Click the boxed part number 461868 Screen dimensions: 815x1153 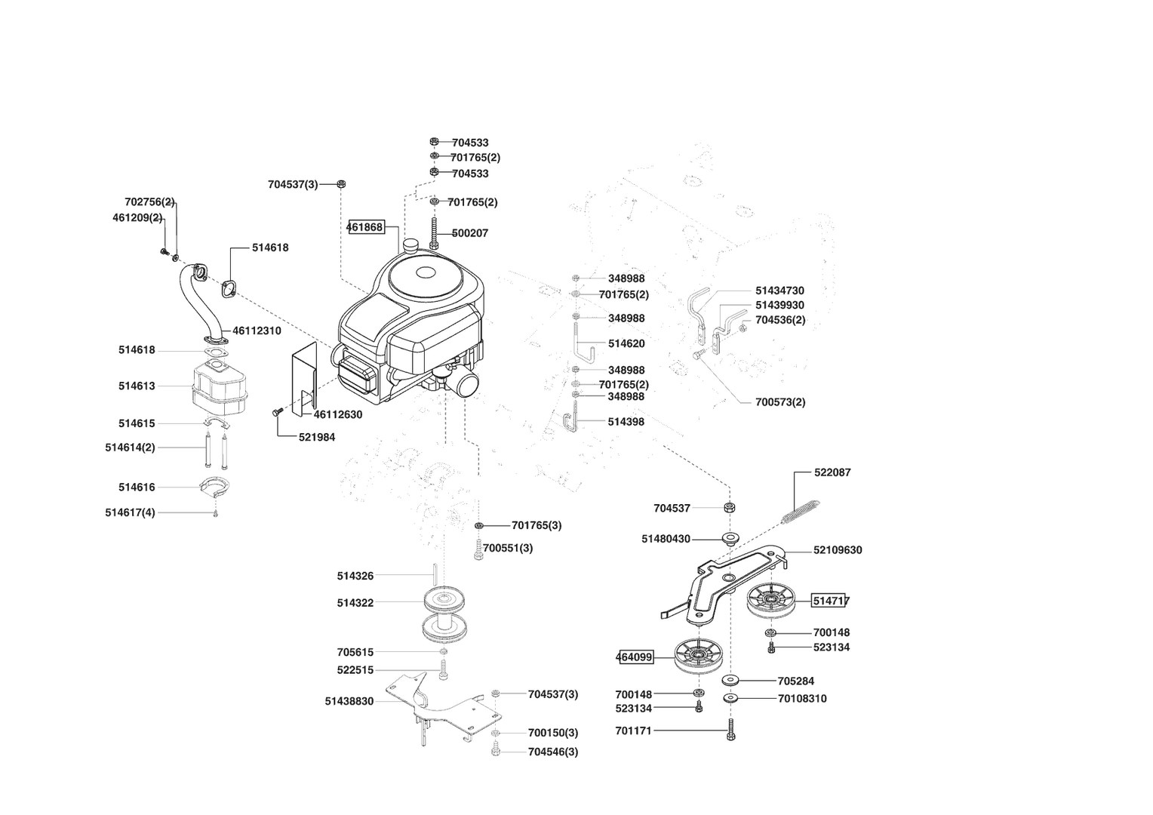tap(365, 226)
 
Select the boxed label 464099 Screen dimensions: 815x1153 tap(635, 657)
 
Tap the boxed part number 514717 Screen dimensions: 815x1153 tap(830, 601)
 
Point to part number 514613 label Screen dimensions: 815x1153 tap(137, 386)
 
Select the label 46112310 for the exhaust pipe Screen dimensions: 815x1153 tap(257, 331)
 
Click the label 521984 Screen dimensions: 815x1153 tap(317, 437)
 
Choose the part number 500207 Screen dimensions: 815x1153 tap(469, 233)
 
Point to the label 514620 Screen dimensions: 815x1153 tap(626, 343)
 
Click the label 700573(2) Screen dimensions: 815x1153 tap(780, 402)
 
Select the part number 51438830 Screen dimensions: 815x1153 tap(349, 701)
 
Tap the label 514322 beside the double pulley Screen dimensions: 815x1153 tap(355, 603)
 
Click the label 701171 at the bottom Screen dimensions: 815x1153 tap(633, 730)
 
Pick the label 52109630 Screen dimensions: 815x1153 tap(838, 550)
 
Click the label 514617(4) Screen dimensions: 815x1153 tap(130, 512)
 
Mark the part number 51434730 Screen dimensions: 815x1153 tap(779, 291)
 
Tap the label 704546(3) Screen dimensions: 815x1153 tap(553, 752)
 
